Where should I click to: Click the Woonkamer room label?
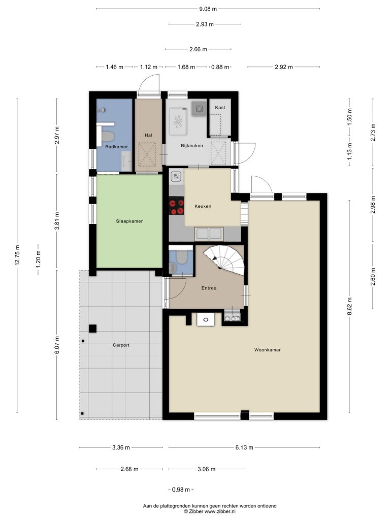click(x=267, y=350)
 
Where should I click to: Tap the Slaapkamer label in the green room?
click(x=129, y=221)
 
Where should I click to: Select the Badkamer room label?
click(x=116, y=147)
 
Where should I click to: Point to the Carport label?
click(x=121, y=345)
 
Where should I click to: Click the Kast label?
click(x=220, y=108)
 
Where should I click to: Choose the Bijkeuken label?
click(x=191, y=146)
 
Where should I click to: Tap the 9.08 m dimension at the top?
click(x=208, y=9)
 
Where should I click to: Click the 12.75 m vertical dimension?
click(x=18, y=255)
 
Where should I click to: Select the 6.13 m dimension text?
click(x=244, y=448)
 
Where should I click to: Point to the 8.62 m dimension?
click(x=350, y=307)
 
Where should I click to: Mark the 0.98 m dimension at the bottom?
click(x=181, y=490)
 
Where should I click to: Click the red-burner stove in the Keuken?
click(x=176, y=206)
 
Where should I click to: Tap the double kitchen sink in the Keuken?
click(x=209, y=234)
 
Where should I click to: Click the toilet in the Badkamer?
click(x=108, y=136)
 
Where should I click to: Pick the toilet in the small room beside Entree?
click(x=181, y=257)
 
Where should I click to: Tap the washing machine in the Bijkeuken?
click(x=179, y=121)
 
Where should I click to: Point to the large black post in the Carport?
click(x=92, y=329)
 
